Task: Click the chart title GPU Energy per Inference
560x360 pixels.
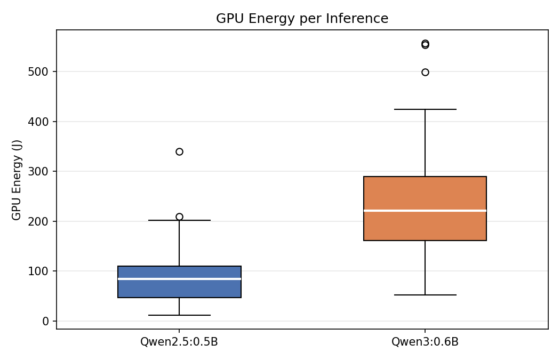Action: (x=302, y=19)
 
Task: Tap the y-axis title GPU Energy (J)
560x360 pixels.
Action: (x=17, y=180)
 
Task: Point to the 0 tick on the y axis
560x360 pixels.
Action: (x=45, y=321)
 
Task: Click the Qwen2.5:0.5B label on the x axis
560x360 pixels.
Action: (x=179, y=342)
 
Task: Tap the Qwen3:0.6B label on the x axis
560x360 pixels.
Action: (x=425, y=342)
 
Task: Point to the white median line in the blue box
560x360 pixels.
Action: (x=179, y=279)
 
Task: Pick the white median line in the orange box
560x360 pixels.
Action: (x=425, y=211)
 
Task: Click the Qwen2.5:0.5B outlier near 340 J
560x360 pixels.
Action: (x=179, y=151)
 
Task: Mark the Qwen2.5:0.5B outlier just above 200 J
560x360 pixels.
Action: (x=179, y=217)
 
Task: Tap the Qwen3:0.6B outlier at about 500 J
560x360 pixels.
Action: (x=425, y=72)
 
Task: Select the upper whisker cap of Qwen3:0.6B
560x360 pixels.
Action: (x=425, y=109)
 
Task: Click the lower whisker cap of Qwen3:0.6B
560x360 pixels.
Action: (x=425, y=295)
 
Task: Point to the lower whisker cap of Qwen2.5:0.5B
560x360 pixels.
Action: (x=179, y=315)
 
